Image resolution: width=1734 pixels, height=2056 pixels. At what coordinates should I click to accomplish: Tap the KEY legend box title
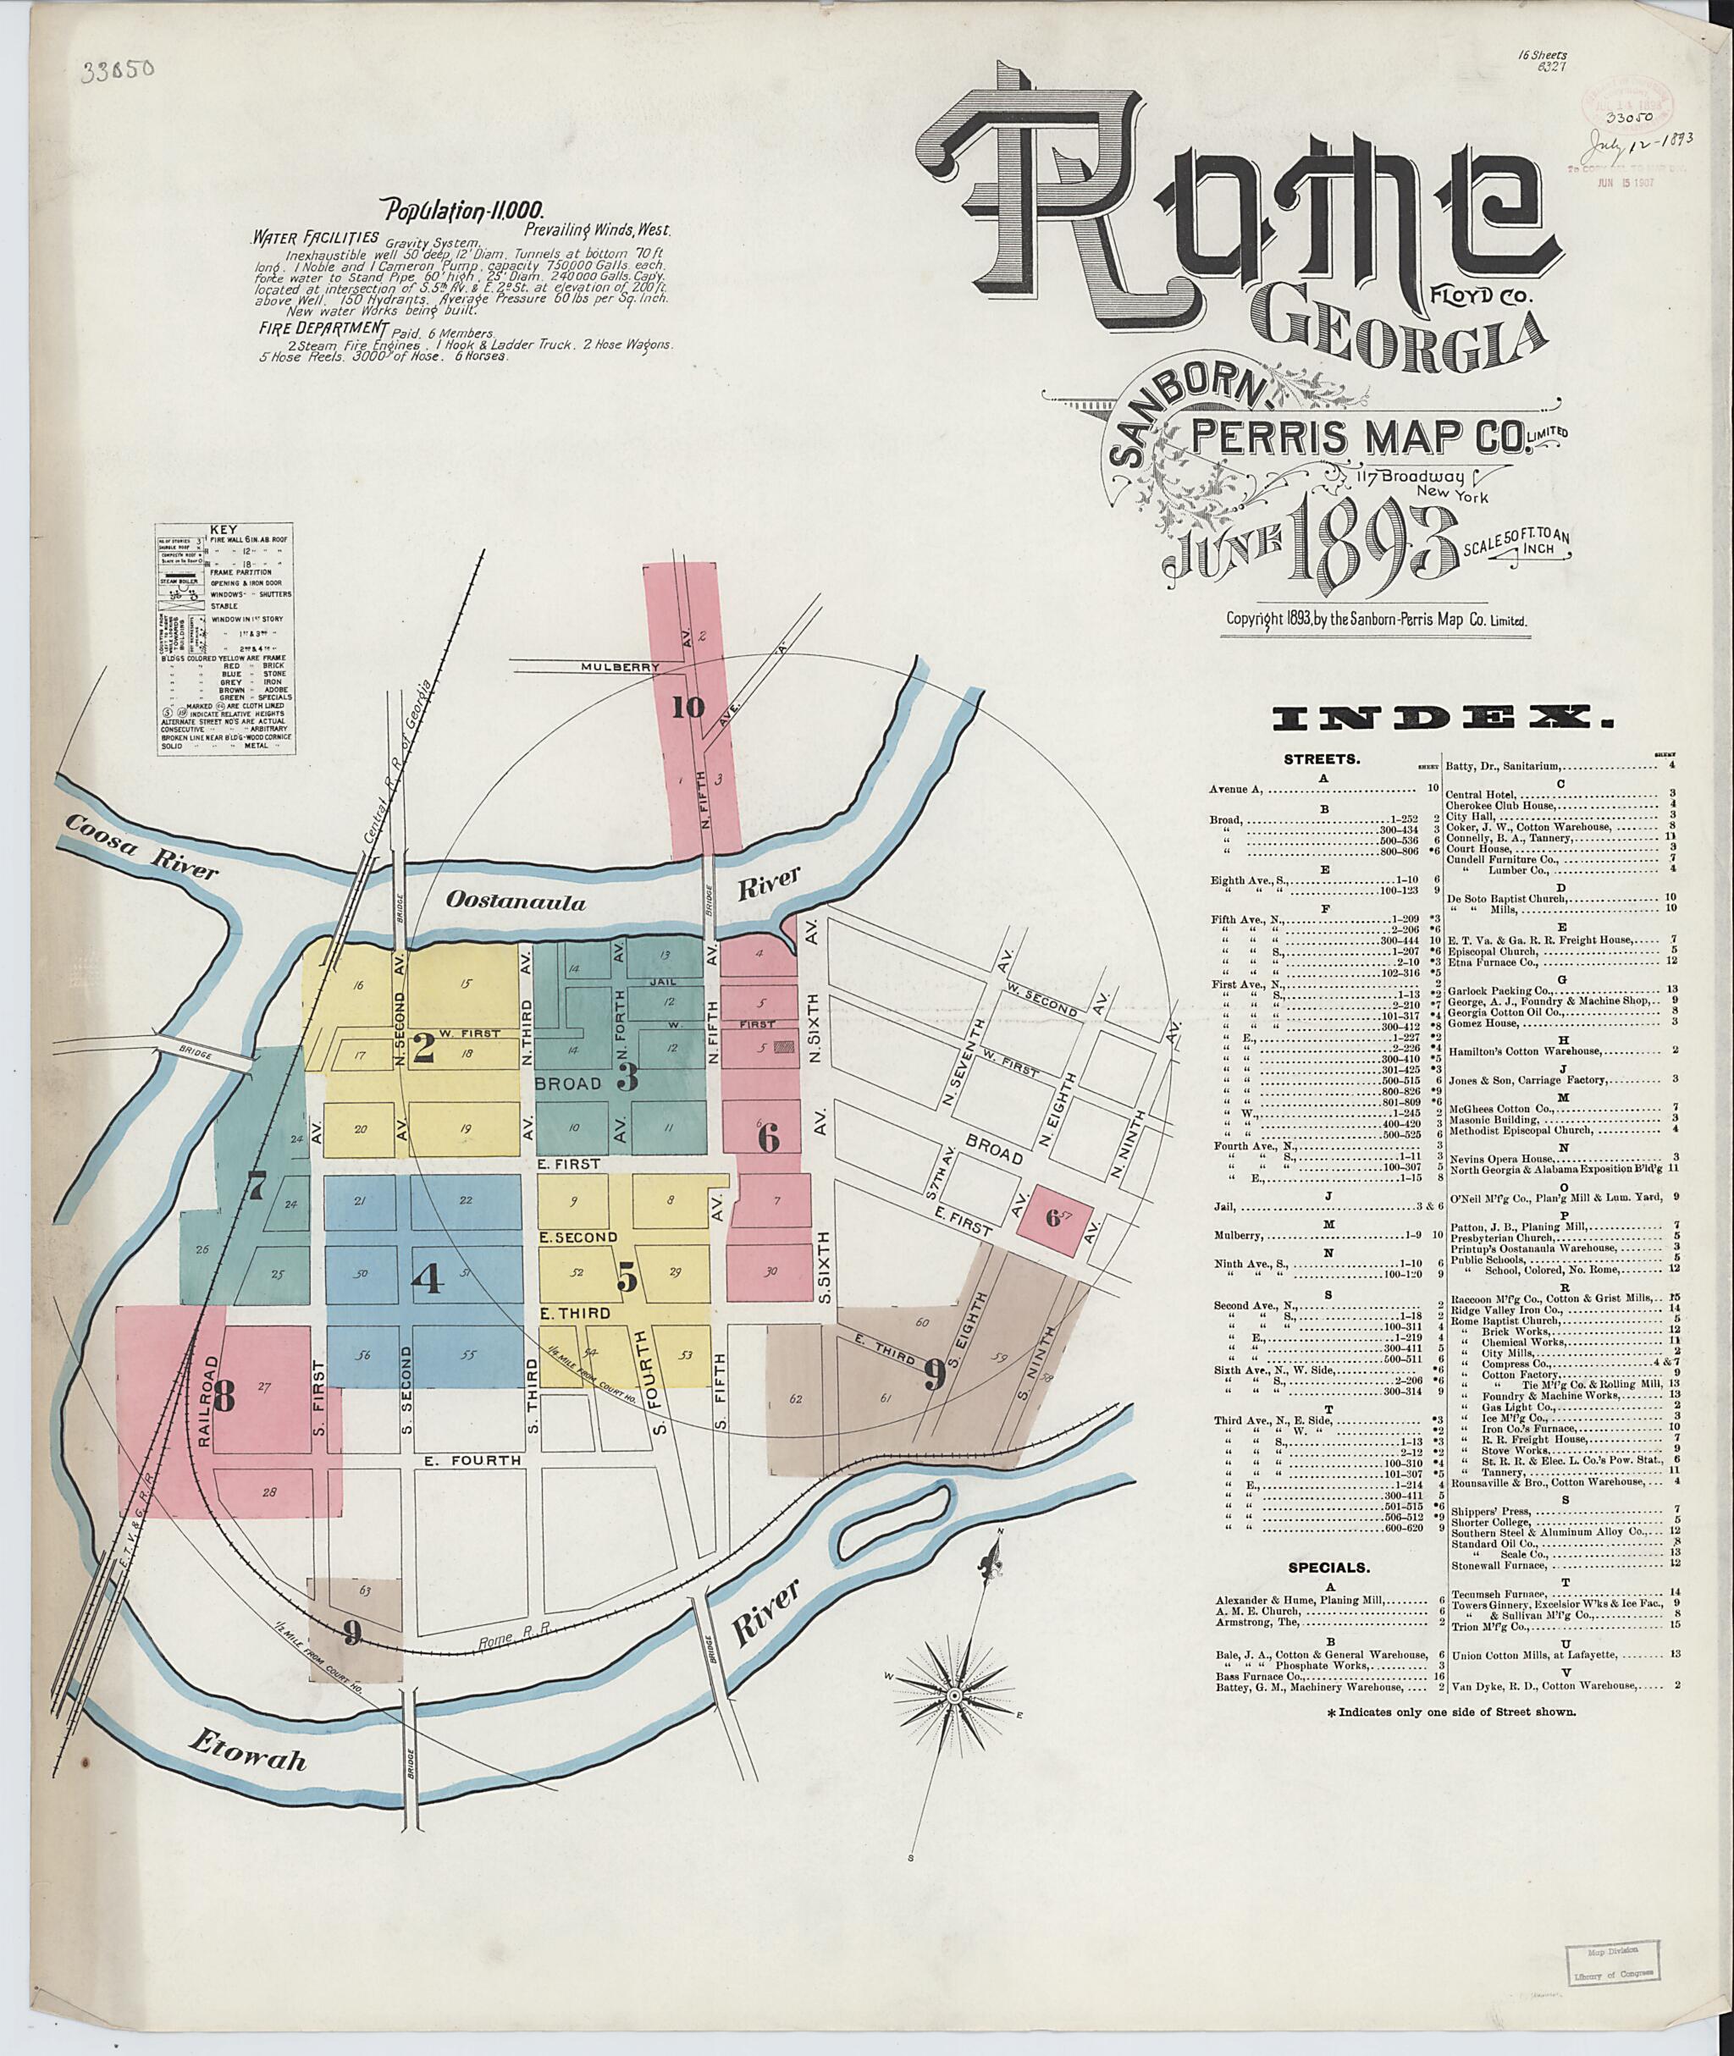pos(226,529)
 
